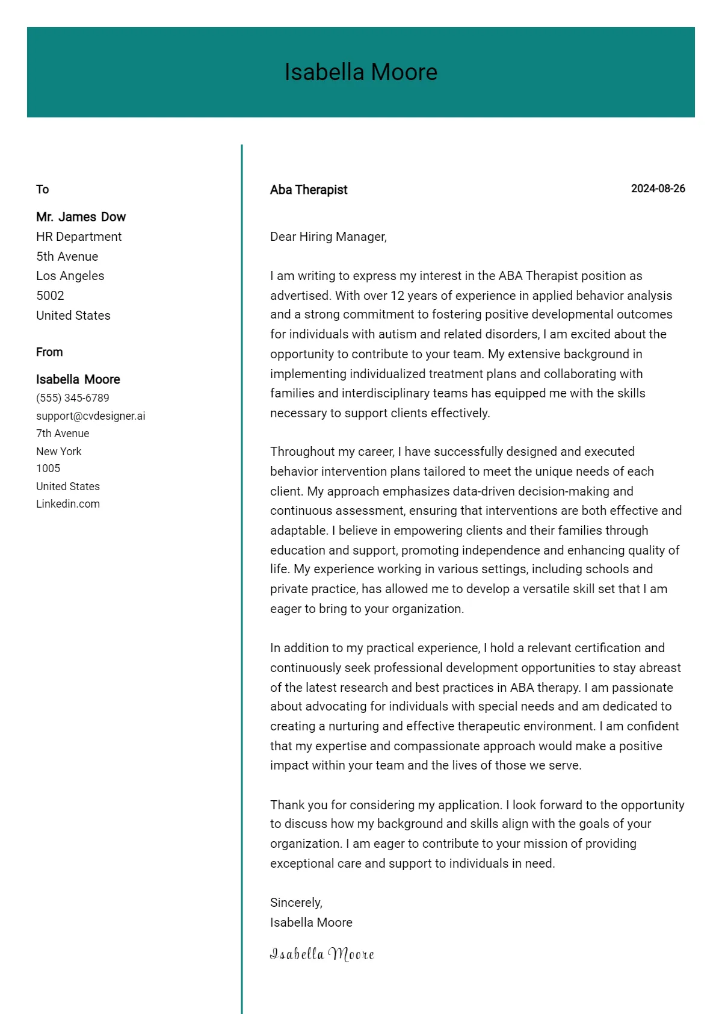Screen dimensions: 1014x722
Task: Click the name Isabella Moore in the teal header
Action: pos(361,72)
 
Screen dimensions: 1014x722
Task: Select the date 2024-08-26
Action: pos(658,188)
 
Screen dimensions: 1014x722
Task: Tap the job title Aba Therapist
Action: pos(309,190)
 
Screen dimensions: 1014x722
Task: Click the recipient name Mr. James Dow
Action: pos(81,217)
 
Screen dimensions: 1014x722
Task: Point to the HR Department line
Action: pos(79,237)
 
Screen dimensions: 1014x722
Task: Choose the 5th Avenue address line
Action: pos(67,257)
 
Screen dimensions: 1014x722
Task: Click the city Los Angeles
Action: pos(70,276)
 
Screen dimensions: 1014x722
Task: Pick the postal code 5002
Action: pos(50,296)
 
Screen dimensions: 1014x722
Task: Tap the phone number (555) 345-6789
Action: pos(73,398)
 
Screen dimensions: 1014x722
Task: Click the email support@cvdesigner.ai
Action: pos(90,416)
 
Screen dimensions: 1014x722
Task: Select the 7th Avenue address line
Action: pos(63,434)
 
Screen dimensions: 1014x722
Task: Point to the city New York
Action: pos(58,452)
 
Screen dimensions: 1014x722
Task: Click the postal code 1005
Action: pos(48,468)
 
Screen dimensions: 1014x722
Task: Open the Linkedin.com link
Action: pos(68,504)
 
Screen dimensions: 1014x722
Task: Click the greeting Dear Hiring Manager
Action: pos(328,237)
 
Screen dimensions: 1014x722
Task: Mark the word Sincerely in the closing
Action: pos(295,903)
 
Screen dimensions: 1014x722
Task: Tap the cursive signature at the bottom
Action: pos(322,954)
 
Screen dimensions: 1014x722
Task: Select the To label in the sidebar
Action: pos(42,190)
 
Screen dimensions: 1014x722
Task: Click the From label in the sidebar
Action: pos(49,352)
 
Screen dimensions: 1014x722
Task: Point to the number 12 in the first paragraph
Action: pos(398,296)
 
